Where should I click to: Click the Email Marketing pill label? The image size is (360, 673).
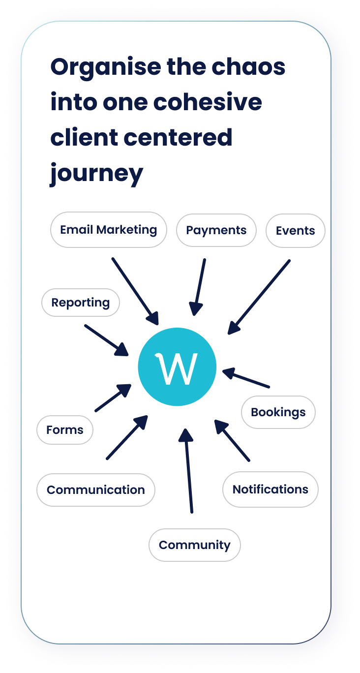pyautogui.click(x=109, y=230)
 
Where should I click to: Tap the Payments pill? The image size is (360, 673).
pyautogui.click(x=216, y=230)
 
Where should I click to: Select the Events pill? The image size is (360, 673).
pyautogui.click(x=296, y=231)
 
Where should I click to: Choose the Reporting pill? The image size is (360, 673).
pyautogui.click(x=81, y=303)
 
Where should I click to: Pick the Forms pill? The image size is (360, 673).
pyautogui.click(x=65, y=430)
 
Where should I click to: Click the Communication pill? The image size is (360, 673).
pyautogui.click(x=96, y=490)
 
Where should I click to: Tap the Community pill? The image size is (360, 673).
pyautogui.click(x=195, y=545)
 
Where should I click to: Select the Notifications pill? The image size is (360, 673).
pyautogui.click(x=270, y=489)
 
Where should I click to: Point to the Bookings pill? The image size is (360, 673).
pyautogui.click(x=278, y=412)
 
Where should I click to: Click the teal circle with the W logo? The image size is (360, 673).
pyautogui.click(x=177, y=367)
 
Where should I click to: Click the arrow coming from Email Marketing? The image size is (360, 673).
pyautogui.click(x=135, y=291)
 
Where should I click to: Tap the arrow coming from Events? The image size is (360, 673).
pyautogui.click(x=259, y=297)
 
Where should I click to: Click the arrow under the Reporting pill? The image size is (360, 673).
pyautogui.click(x=106, y=340)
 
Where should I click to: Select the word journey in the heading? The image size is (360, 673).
pyautogui.click(x=96, y=174)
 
